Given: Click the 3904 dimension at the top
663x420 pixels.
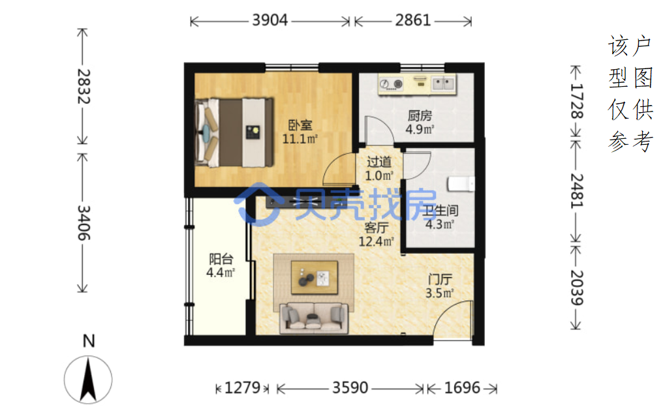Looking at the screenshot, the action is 270,20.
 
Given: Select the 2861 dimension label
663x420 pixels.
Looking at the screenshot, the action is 412,20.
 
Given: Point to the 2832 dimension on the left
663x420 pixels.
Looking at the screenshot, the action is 84,86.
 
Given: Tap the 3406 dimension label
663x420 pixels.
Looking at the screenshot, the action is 84,222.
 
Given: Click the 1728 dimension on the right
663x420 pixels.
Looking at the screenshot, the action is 576,101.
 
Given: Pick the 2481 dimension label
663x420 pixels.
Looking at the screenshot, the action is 576,191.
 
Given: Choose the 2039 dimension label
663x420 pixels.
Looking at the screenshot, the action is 576,288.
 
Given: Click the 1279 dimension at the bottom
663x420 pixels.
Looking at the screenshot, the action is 242,388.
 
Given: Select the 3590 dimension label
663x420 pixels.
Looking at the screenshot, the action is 350,388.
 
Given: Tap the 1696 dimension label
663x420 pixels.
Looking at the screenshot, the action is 462,388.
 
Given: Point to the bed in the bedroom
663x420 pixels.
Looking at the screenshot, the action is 234,132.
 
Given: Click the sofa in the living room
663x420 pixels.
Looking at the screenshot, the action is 314,318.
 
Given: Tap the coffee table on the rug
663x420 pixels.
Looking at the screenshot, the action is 314,278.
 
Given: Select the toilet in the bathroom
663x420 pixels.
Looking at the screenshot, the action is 461,184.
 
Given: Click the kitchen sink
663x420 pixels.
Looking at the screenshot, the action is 443,83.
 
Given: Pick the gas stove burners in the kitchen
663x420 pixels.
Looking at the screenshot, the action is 391,84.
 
